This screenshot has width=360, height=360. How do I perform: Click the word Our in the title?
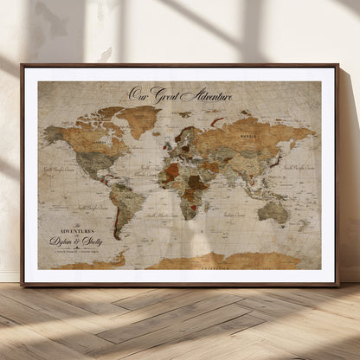point(138,93)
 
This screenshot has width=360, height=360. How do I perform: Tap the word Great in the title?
point(163,93)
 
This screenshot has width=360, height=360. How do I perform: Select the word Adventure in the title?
point(205,93)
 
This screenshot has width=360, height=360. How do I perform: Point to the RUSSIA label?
point(249,136)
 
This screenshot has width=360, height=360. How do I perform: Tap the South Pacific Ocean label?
point(89,207)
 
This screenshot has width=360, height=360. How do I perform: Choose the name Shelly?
point(90,242)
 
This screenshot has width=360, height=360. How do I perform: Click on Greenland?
point(138,119)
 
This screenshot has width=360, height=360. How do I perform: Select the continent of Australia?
point(274,210)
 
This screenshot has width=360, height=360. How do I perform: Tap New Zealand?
point(304,227)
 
